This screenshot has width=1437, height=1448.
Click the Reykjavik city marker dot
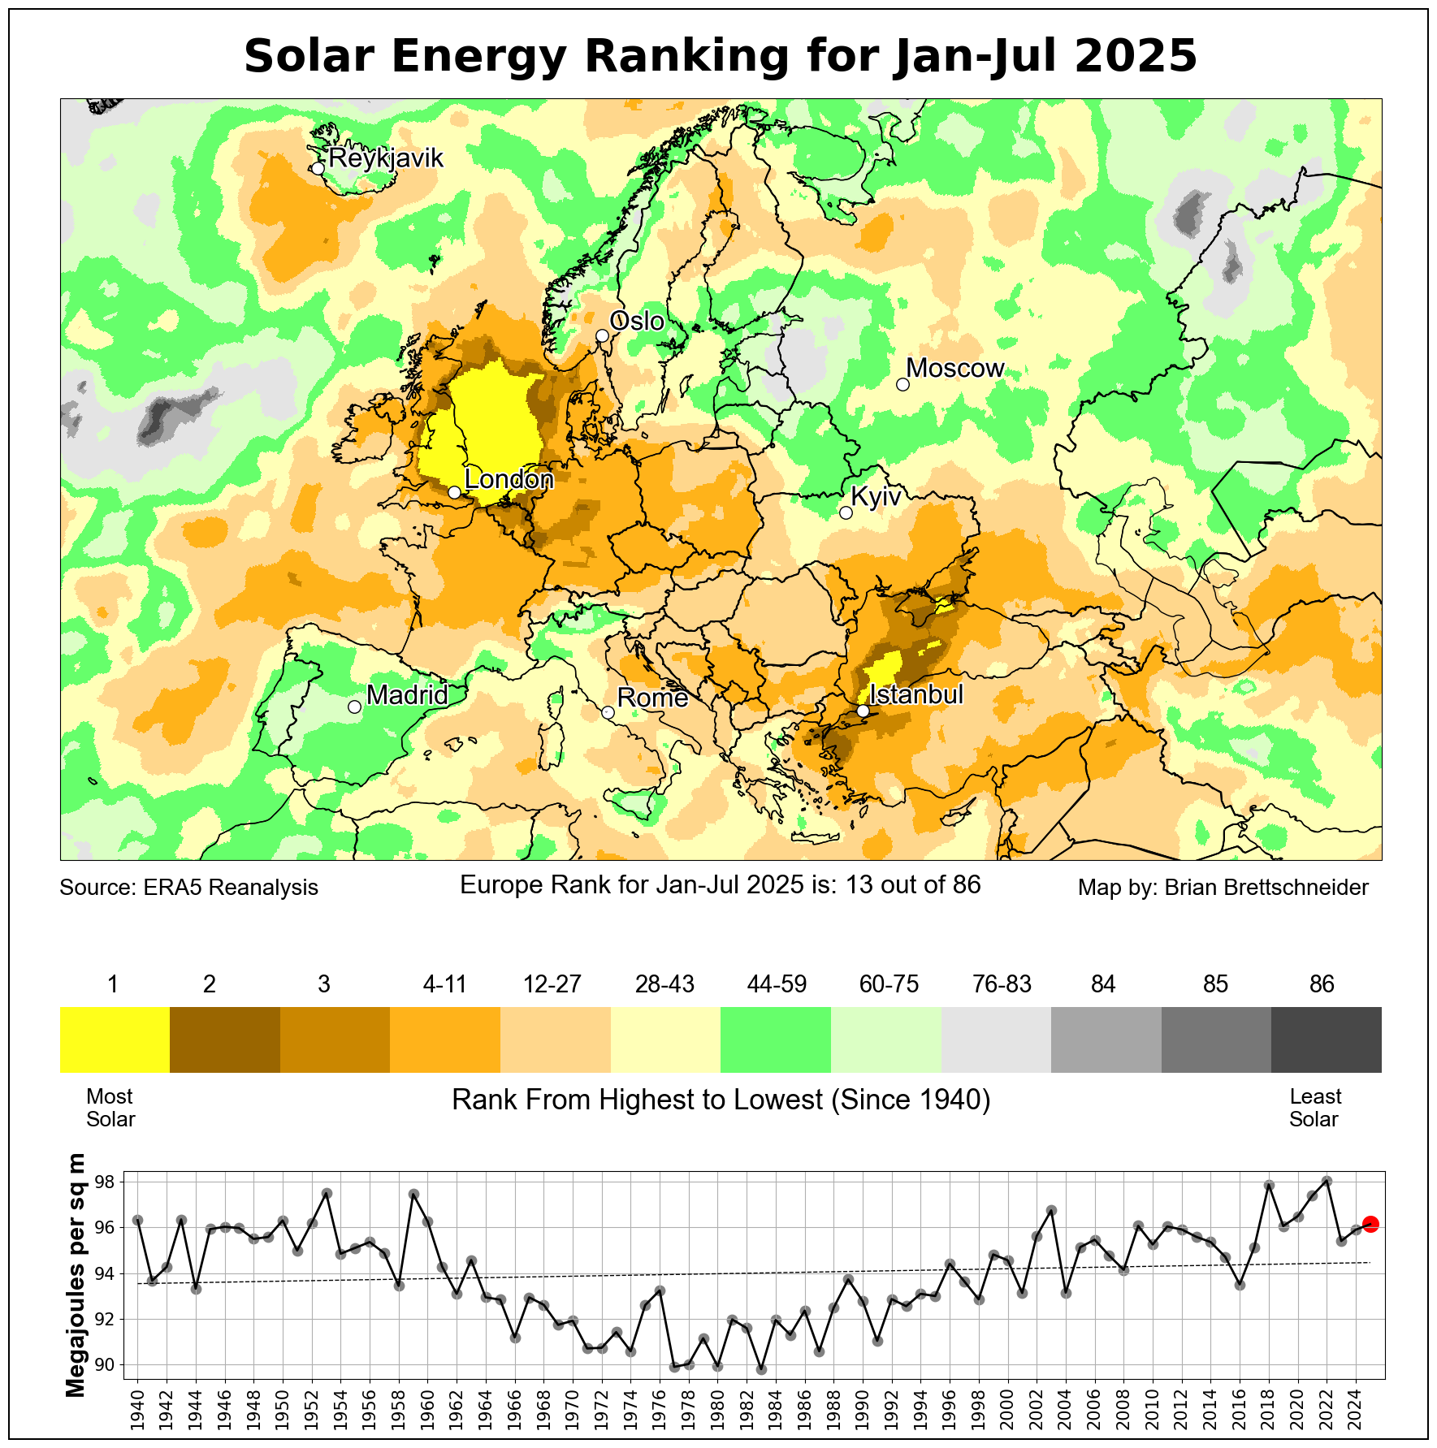(318, 168)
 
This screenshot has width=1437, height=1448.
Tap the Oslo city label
(637, 322)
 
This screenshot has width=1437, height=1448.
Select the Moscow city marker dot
(902, 384)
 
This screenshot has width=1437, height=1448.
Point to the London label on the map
(509, 480)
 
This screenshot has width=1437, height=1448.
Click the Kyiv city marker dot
(846, 512)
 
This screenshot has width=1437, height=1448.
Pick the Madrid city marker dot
(354, 707)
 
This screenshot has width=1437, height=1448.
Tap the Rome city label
(652, 698)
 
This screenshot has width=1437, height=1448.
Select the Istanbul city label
(916, 694)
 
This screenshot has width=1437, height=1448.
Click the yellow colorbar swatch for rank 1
(115, 1040)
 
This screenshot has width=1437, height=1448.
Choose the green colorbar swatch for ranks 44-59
(776, 1040)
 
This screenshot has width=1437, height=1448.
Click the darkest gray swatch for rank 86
(1326, 1040)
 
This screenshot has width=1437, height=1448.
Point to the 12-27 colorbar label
(552, 984)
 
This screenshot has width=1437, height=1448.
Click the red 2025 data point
(1370, 1224)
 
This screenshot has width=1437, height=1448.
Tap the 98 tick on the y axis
(105, 1182)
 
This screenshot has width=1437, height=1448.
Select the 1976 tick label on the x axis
(660, 1413)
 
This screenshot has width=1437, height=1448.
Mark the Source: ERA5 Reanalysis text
(188, 888)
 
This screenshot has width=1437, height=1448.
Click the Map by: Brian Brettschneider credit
(1223, 888)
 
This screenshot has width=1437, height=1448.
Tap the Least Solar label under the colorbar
(1315, 1108)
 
